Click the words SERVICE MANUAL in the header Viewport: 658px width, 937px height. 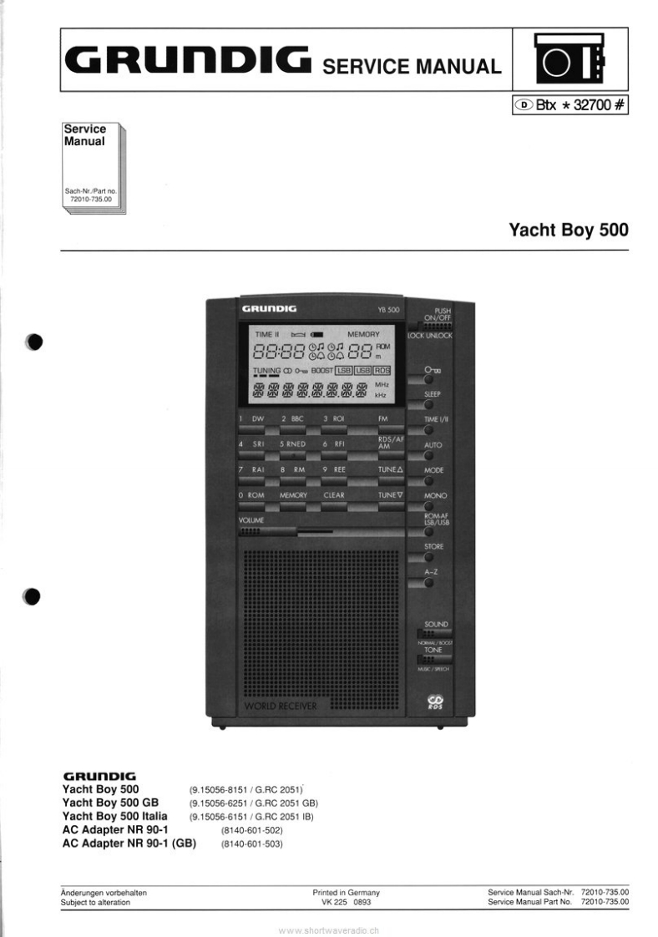click(412, 66)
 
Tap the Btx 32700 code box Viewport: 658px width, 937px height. click(570, 106)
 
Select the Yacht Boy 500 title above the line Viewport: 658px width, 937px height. click(569, 230)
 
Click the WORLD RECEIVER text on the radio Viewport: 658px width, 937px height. click(281, 707)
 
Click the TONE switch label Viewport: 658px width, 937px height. click(433, 650)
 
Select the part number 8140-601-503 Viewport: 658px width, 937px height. click(252, 844)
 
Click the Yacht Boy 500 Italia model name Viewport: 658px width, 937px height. click(115, 815)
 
